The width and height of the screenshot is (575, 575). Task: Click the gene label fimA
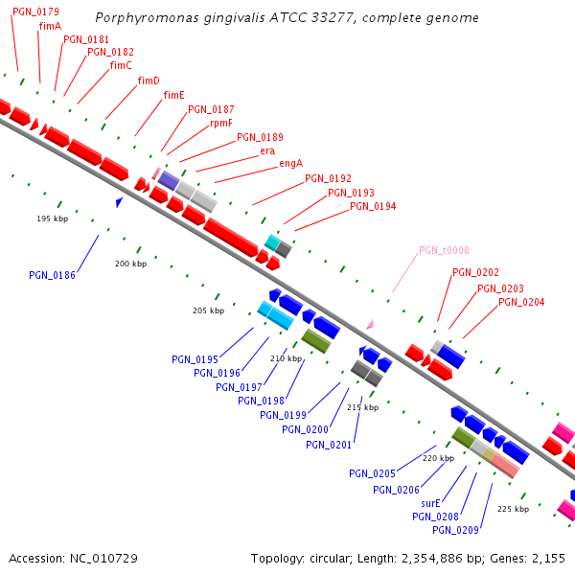50,26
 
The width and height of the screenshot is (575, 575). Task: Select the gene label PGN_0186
52,275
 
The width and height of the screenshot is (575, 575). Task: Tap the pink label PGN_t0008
444,250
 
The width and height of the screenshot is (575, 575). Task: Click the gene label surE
431,503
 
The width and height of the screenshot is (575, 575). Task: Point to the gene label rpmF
221,123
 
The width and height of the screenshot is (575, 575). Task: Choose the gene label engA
291,164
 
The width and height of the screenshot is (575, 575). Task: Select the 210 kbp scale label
286,358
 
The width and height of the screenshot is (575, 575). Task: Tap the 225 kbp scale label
513,509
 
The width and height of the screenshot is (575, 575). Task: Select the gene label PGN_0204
521,303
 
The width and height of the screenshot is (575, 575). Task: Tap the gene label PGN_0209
455,530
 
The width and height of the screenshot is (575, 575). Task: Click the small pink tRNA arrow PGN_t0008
370,326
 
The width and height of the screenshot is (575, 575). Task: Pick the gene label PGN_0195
195,359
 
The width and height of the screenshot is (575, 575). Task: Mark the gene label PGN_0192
328,178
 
